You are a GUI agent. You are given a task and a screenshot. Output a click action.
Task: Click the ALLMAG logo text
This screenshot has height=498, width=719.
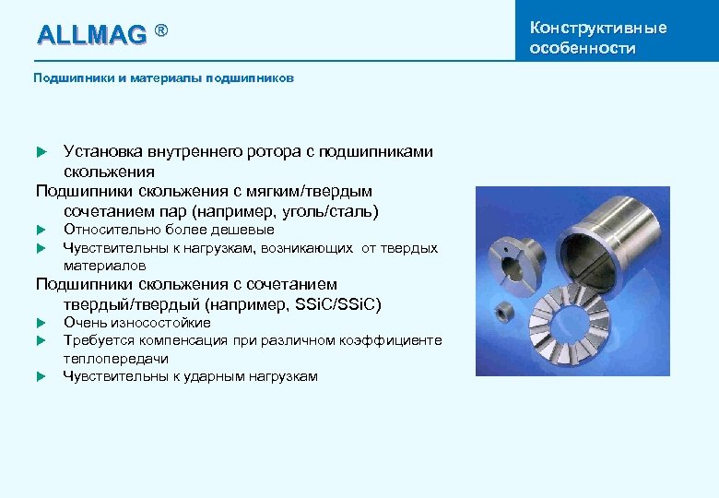point(91,35)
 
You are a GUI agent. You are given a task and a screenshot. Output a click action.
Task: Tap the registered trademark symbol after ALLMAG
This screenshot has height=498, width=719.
point(161,31)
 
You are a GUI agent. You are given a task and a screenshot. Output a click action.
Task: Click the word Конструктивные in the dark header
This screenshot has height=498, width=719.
point(598,27)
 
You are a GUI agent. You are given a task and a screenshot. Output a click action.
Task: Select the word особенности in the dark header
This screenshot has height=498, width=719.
point(583,48)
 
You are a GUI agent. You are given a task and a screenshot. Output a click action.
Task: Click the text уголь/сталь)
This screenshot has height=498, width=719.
point(330,211)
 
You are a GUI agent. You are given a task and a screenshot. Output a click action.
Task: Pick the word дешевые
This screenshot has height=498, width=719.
point(242,230)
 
